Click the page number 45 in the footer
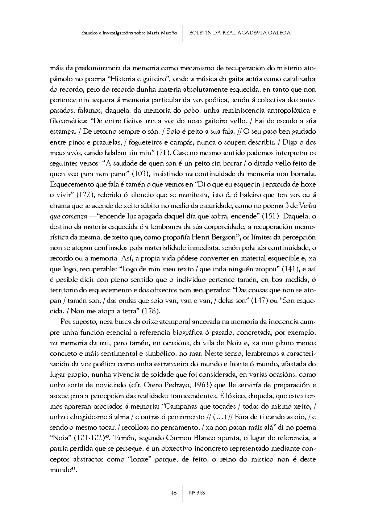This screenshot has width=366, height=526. click(174, 493)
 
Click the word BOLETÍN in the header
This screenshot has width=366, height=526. click(201, 33)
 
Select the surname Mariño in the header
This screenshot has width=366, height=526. click(169, 33)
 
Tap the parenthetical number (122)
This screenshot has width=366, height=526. click(85, 196)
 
